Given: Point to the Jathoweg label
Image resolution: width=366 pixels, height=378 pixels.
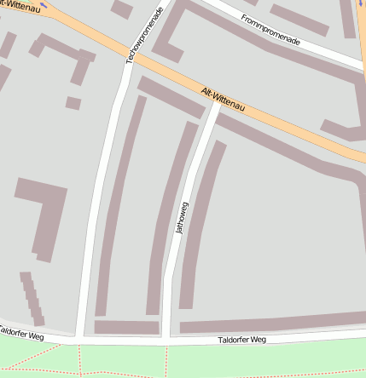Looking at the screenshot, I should [x=181, y=217].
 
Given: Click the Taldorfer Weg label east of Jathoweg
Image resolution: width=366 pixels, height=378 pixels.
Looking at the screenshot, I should [x=242, y=340].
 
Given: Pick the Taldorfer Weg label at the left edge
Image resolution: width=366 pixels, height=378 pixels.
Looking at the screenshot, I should [x=20, y=333].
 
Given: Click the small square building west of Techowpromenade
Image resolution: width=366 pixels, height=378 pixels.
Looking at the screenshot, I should [x=73, y=103].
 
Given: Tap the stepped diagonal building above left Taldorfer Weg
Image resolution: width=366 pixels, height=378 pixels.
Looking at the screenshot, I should [x=32, y=297].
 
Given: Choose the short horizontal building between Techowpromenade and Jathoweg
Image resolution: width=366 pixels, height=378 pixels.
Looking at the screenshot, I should [x=126, y=327].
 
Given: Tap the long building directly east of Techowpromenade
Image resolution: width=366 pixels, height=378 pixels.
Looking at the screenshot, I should [x=119, y=204].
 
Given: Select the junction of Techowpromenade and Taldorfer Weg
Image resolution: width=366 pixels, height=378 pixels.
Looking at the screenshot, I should [x=79, y=339].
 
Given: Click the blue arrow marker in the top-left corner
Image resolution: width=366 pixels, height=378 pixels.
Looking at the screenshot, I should [x=44, y=4].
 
